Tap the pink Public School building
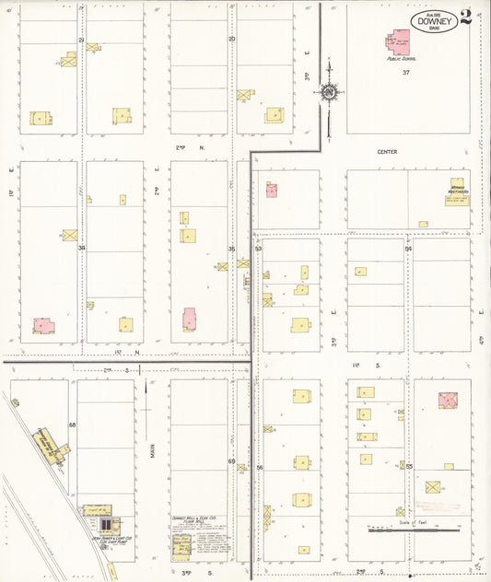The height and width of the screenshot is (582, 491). [401, 42]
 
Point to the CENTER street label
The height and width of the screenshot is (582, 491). [387, 152]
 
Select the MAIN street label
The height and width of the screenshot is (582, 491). [151, 451]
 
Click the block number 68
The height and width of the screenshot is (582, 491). [71, 425]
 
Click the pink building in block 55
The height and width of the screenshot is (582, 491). [447, 400]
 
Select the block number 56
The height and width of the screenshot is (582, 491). [260, 468]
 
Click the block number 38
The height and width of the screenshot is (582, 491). [81, 248]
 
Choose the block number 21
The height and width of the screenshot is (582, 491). [81, 40]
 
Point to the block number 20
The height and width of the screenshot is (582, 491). [232, 39]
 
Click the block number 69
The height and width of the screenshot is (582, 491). [231, 460]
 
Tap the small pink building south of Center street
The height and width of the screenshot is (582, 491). [272, 190]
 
